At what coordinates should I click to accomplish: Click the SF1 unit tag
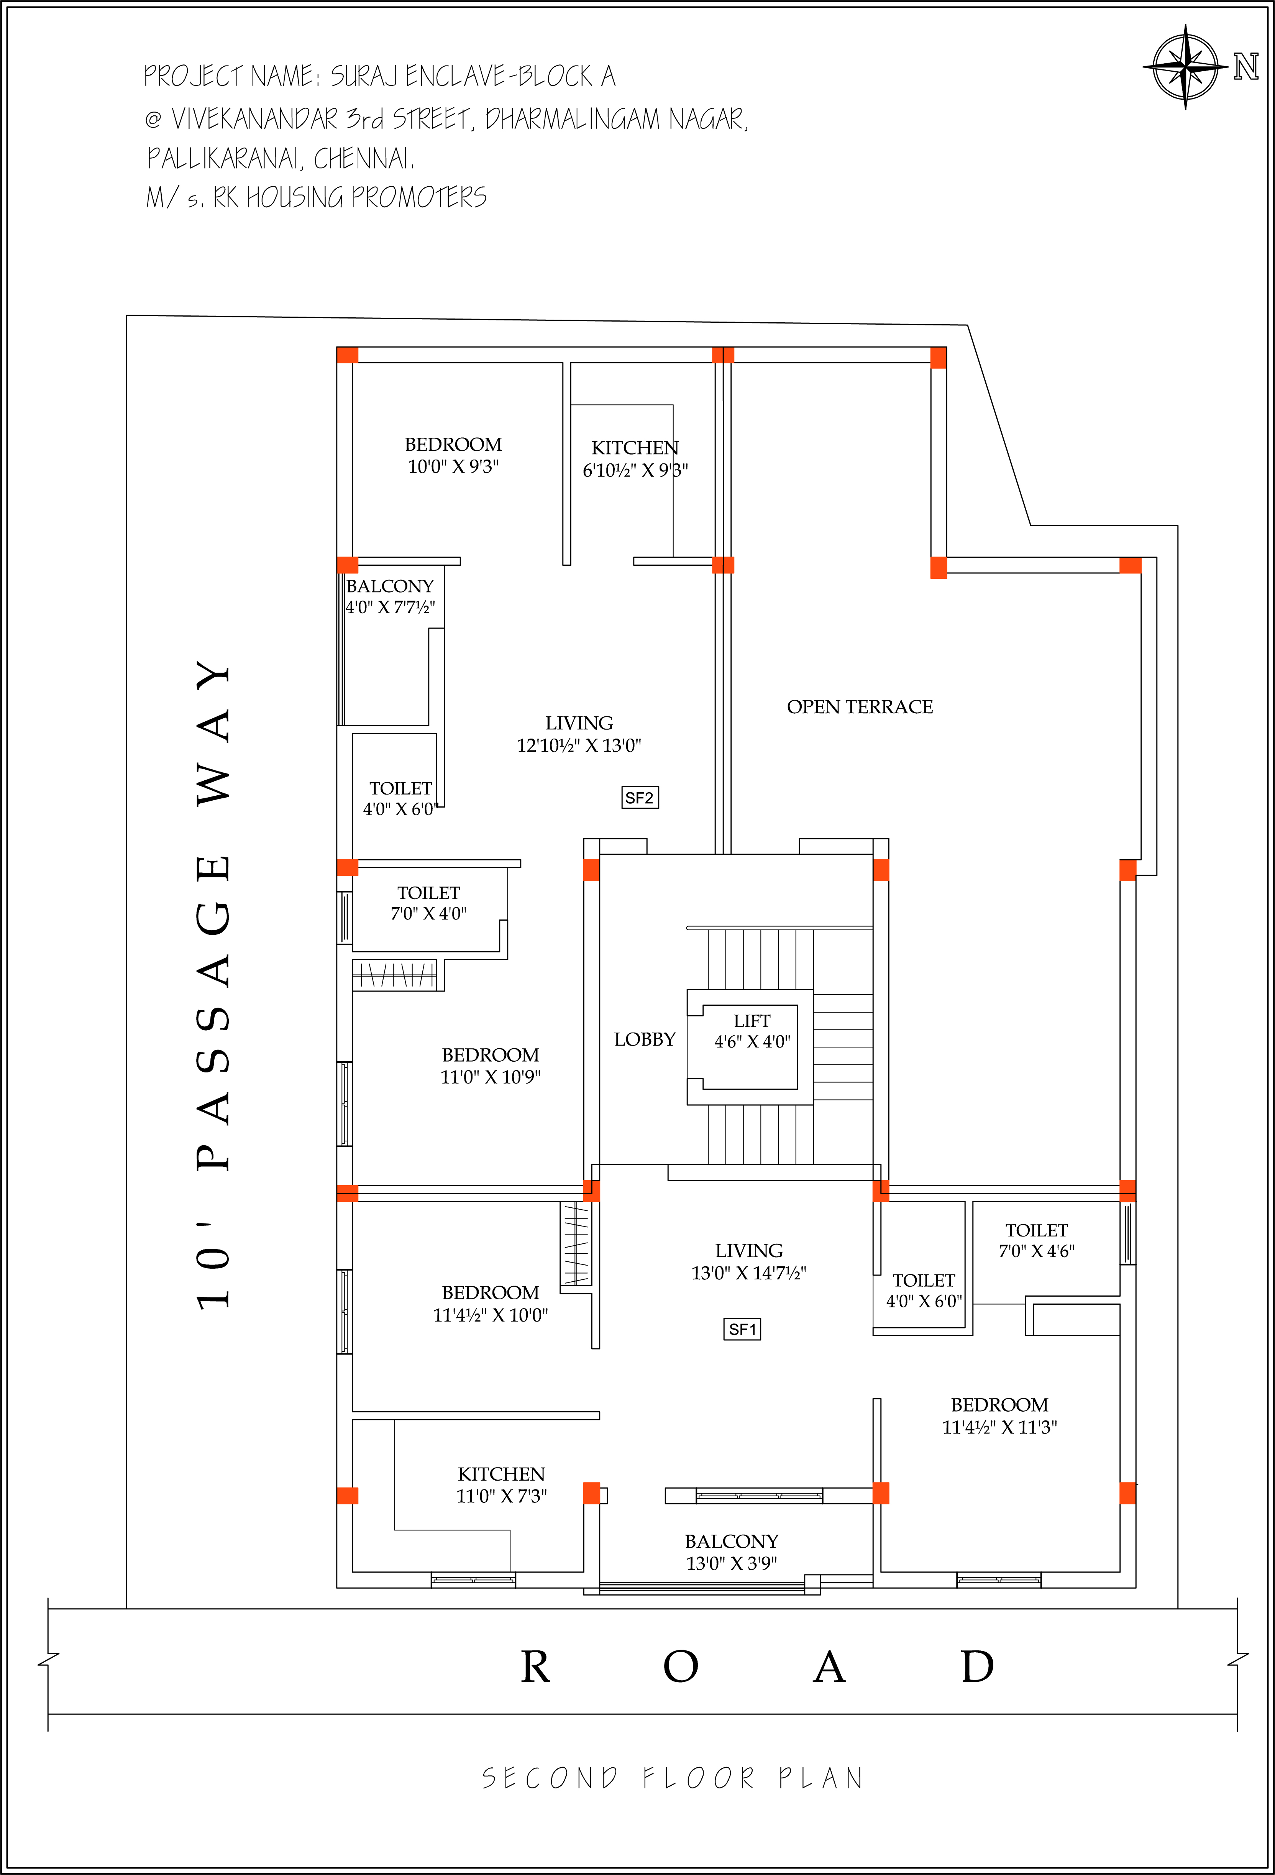[x=742, y=1329]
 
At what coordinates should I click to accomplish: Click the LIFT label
[x=752, y=1021]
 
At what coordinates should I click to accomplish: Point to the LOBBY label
[x=644, y=1039]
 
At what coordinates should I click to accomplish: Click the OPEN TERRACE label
[x=860, y=707]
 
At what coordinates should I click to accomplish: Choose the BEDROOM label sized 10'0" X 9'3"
[x=453, y=445]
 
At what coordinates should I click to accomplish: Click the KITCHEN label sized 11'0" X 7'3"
[x=502, y=1474]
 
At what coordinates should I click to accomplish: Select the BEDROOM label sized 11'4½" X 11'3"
[x=999, y=1405]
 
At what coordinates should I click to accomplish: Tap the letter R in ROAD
[x=535, y=1667]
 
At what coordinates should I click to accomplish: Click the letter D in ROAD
[x=977, y=1667]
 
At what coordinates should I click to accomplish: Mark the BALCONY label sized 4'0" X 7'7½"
[x=389, y=586]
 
